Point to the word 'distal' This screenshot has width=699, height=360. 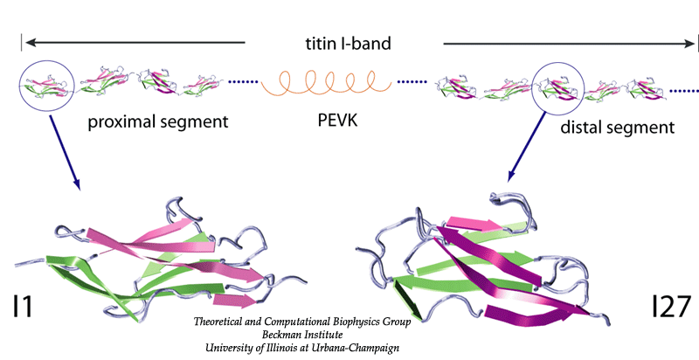pyautogui.click(x=584, y=128)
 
